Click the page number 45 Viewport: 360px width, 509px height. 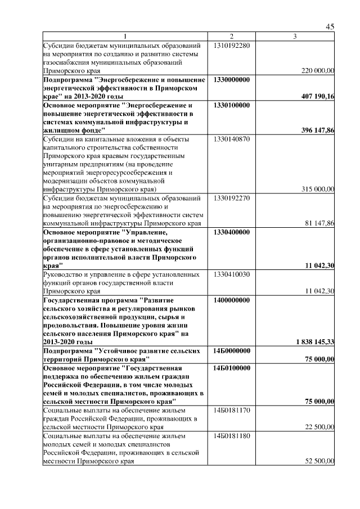click(330, 27)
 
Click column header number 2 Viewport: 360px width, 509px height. click(232, 37)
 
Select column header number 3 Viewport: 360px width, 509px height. click(295, 37)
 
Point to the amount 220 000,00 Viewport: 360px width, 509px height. click(318, 71)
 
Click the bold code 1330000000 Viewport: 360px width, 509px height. click(232, 80)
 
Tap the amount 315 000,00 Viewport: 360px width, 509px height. click(318, 189)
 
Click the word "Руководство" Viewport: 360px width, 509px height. click(64, 274)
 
